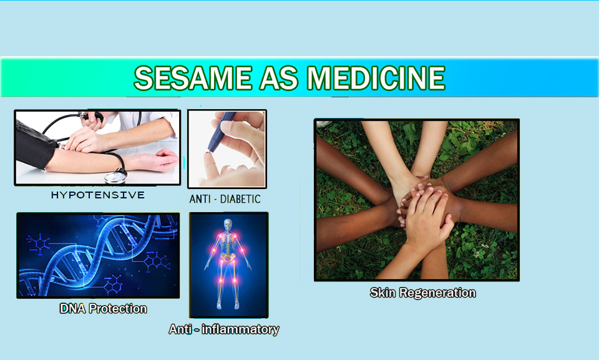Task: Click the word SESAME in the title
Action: coord(193,78)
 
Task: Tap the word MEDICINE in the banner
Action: coord(376,78)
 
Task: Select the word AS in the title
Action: coord(279,78)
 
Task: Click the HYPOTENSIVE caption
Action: coord(98,195)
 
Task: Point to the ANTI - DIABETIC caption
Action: coord(225,199)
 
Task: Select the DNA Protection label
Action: coord(103,308)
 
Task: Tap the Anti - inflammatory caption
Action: coord(224,329)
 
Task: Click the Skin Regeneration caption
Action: coord(423,293)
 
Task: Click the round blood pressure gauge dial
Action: coord(115,178)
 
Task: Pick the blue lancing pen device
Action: coord(221,131)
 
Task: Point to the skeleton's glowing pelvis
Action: coord(228,258)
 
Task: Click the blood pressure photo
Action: coord(97,147)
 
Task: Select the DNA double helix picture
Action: coord(98,255)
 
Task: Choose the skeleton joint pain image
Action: coord(229,265)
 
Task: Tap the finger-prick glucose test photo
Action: coord(227,148)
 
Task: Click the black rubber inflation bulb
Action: coord(94,116)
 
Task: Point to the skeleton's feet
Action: coord(228,306)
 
